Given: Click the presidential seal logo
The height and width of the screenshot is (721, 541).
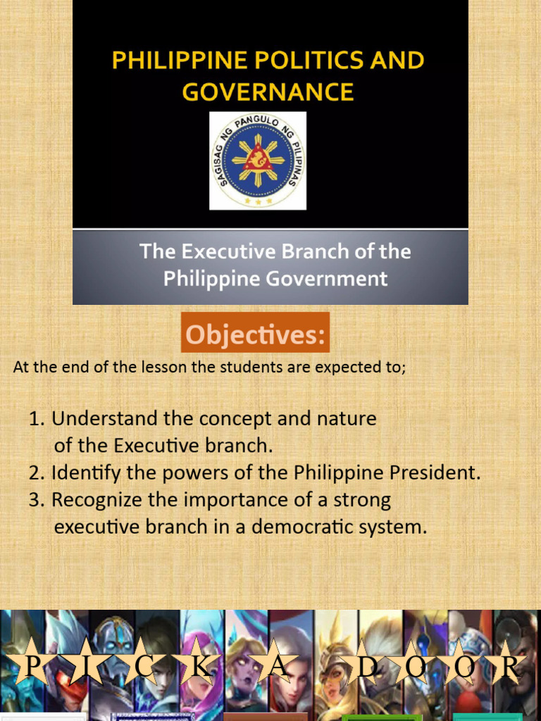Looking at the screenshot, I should click(x=258, y=161).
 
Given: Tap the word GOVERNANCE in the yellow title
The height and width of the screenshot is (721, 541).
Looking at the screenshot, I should click(x=268, y=92).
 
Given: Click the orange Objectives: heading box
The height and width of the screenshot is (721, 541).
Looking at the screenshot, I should click(x=255, y=333).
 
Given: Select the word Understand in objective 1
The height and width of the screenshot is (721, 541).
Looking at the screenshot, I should click(x=104, y=419).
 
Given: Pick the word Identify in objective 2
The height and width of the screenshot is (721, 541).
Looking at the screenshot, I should click(x=83, y=472).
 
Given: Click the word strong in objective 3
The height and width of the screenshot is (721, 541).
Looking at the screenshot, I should click(x=359, y=500).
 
